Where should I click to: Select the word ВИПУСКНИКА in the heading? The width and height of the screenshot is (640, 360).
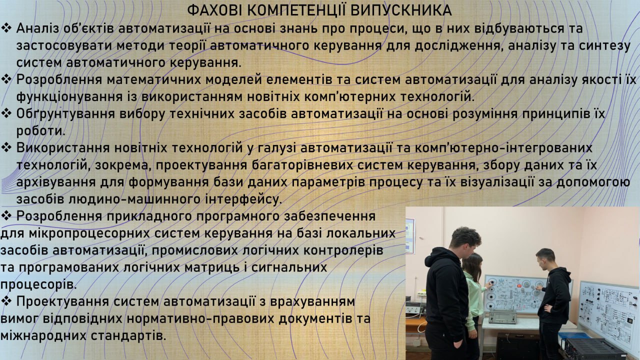click(401, 10)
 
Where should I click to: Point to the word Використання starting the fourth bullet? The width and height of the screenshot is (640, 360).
click(63, 148)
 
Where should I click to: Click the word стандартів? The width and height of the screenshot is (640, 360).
click(128, 335)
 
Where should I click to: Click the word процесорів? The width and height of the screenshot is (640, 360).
click(38, 284)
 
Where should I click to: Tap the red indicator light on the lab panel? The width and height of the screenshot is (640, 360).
click(517, 285)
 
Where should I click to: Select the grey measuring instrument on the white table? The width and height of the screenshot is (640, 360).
click(502, 317)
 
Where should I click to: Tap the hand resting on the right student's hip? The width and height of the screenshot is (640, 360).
click(547, 308)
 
